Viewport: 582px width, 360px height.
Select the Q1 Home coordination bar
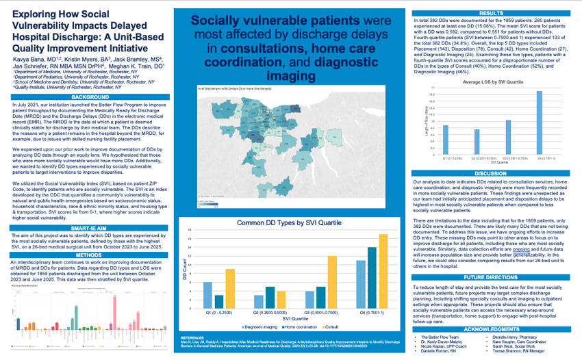pyautogui.click(x=219, y=300)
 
